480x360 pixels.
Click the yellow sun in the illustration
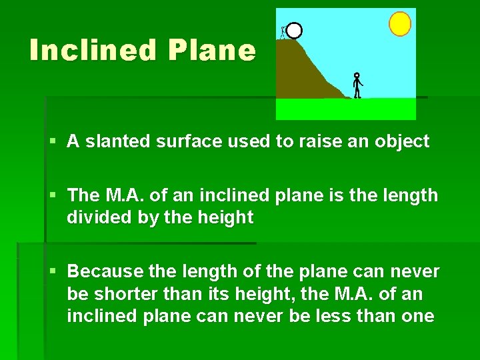pyautogui.click(x=400, y=23)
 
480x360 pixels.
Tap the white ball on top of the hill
pyautogui.click(x=294, y=30)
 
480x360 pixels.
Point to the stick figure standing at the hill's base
pyautogui.click(x=357, y=85)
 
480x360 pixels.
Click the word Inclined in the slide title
pyautogui.click(x=93, y=50)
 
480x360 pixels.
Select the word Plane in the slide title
pyautogui.click(x=211, y=50)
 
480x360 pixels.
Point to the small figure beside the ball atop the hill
pyautogui.click(x=283, y=31)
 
